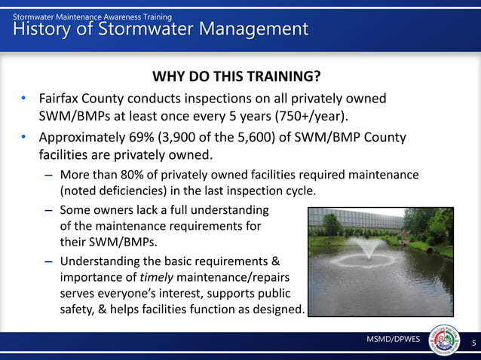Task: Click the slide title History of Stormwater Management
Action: pos(161,29)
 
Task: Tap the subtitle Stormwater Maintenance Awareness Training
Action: pos(92,16)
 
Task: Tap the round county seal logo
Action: pos(444,341)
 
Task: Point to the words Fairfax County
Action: pos(82,99)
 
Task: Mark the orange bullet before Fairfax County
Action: pos(24,99)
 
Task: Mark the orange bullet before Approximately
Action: pos(24,138)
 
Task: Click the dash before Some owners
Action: pos(48,209)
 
